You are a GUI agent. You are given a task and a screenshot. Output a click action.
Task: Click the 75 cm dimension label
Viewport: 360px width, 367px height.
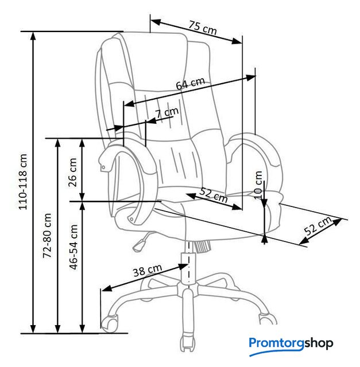[203, 28]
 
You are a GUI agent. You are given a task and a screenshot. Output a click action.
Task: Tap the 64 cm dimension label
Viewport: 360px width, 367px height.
[190, 83]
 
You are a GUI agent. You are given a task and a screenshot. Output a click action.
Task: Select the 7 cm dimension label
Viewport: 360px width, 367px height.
[167, 112]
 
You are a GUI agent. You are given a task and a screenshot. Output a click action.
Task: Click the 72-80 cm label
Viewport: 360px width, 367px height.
[47, 236]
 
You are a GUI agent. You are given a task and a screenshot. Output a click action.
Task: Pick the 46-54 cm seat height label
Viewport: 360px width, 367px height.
[73, 247]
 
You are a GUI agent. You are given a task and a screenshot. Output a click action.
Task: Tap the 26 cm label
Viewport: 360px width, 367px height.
[73, 172]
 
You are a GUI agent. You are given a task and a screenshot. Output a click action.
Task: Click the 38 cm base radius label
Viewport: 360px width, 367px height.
[148, 270]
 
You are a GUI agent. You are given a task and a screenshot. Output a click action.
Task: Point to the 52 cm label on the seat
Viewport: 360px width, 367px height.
[213, 195]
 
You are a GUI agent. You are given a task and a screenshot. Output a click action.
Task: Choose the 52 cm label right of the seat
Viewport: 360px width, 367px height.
[318, 225]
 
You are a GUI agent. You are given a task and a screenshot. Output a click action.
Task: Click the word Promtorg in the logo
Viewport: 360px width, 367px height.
[276, 343]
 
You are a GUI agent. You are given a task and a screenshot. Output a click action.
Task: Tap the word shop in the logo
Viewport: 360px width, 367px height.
[319, 343]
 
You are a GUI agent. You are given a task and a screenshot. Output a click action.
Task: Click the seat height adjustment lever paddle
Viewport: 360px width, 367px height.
[138, 245]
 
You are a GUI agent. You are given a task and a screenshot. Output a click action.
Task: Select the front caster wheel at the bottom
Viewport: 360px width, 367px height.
[188, 343]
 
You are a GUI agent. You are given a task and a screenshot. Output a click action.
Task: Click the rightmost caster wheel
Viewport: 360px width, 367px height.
[268, 319]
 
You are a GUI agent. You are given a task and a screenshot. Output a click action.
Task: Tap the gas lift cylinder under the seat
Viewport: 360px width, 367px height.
[188, 267]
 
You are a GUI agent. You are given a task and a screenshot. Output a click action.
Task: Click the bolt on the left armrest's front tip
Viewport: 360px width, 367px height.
[103, 167]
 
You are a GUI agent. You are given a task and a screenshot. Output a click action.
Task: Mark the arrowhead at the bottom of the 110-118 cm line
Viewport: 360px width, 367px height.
[33, 329]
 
